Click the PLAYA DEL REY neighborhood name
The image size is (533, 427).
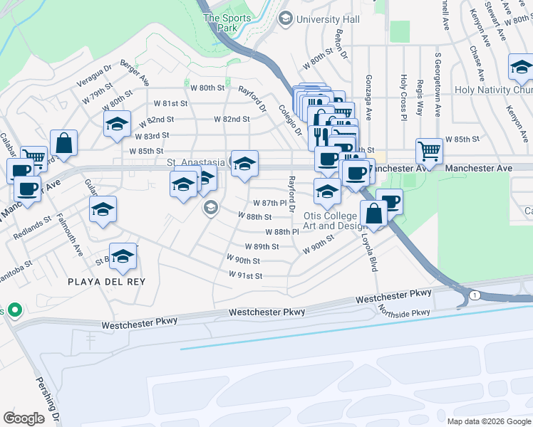106,282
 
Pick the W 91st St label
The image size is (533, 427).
246,275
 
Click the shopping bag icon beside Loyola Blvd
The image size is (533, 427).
374,212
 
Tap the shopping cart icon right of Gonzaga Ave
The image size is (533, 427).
429,149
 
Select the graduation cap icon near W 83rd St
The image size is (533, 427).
117,124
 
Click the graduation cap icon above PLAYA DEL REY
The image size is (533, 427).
123,255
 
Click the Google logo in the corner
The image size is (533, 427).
24,418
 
